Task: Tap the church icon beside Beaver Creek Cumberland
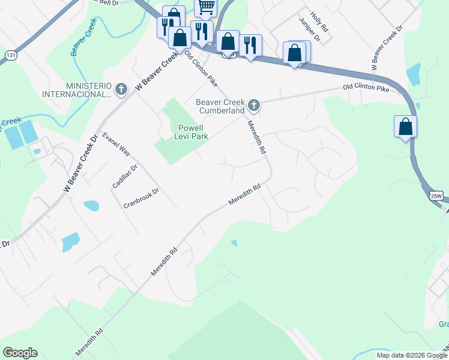[x=254, y=106]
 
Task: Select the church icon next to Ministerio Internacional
[x=121, y=90]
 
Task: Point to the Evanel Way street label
[x=116, y=144]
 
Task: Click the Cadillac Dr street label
[x=125, y=176]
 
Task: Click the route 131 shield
[x=10, y=55]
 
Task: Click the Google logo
[x=20, y=353]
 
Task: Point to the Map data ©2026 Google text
[x=411, y=355]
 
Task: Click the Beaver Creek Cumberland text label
[x=221, y=106]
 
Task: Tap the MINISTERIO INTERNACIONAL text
[x=77, y=90]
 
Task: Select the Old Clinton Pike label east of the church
[x=366, y=88]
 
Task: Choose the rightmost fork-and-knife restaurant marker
[x=250, y=44]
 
